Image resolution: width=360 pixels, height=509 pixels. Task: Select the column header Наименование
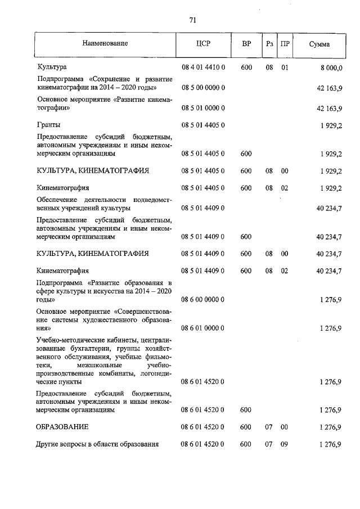(x=105, y=43)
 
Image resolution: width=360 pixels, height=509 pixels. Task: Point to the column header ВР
(x=246, y=44)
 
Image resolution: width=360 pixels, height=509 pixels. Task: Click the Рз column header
(x=269, y=44)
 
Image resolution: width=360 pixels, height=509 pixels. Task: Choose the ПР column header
(x=285, y=44)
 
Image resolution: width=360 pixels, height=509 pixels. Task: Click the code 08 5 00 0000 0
(x=203, y=88)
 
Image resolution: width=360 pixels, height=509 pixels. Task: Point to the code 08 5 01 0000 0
(x=203, y=107)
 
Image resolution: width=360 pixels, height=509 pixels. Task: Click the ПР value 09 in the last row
(x=285, y=444)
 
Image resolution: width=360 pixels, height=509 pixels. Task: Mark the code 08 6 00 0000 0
(x=203, y=300)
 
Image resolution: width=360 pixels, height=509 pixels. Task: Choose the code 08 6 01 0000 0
(x=203, y=328)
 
